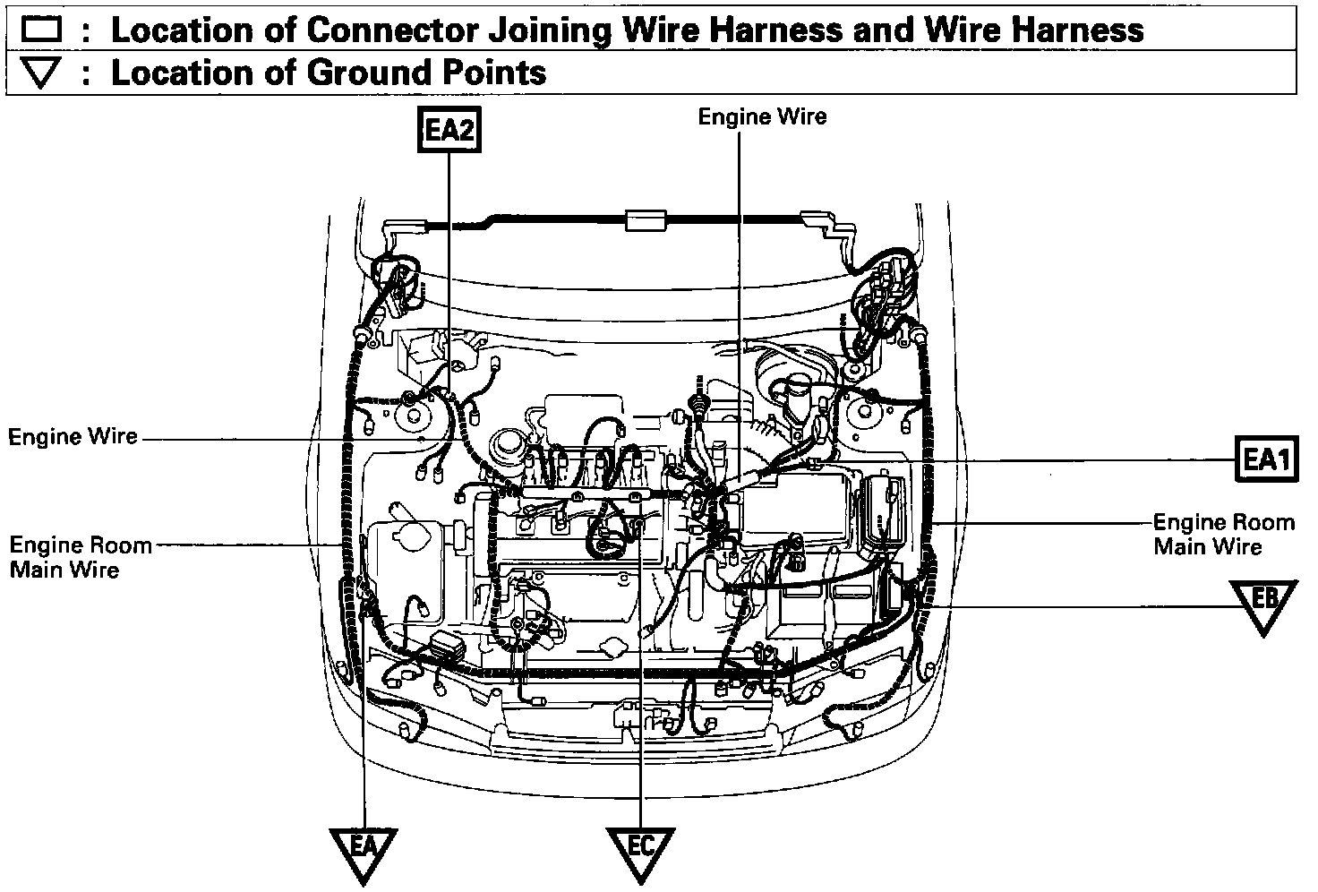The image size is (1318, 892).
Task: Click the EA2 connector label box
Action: click(x=449, y=131)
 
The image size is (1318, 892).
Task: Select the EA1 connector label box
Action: click(x=1265, y=460)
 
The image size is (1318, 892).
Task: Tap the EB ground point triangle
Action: click(x=1263, y=603)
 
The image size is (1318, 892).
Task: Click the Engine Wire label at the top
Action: click(x=762, y=116)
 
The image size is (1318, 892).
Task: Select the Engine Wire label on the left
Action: click(x=73, y=437)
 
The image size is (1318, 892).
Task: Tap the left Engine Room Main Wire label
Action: click(x=80, y=556)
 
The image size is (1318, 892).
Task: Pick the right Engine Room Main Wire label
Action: click(x=1223, y=534)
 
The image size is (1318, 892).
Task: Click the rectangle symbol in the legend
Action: click(x=42, y=31)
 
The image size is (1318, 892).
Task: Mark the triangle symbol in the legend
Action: click(x=42, y=73)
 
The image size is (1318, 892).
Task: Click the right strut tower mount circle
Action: click(x=866, y=414)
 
